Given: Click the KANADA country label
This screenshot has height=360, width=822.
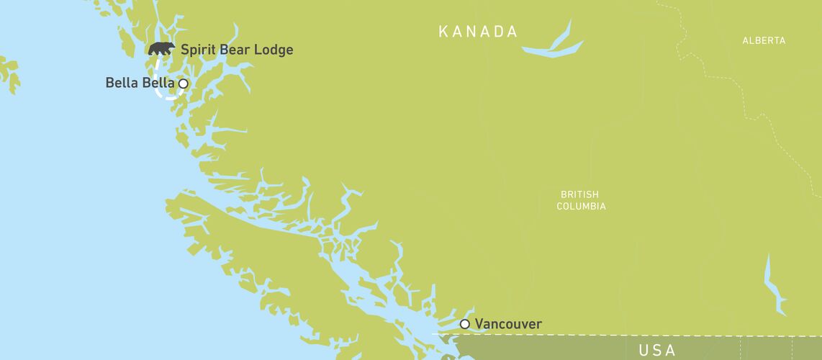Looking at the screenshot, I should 479,32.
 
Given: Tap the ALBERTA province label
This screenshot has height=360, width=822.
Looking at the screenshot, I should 764,41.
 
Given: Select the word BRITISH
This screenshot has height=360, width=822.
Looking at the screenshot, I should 579,194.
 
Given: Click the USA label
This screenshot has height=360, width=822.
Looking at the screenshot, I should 657,351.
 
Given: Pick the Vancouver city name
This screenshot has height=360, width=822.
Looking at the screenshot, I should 508,324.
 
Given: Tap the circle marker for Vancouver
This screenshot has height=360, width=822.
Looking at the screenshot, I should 465,324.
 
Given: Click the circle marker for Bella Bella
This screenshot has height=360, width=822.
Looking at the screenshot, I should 183,84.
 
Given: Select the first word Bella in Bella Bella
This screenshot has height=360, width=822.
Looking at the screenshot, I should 122,84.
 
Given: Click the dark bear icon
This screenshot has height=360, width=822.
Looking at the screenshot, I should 161,49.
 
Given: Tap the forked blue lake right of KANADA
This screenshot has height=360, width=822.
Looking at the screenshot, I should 554,45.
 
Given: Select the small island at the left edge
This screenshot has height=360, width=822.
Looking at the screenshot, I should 9,72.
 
